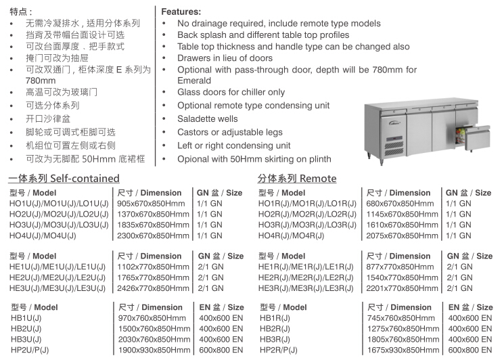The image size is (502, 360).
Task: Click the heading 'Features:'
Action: pyautogui.click(x=181, y=12)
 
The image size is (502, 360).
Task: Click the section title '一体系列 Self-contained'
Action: pyautogui.click(x=64, y=179)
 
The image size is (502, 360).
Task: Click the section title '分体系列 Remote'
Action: pyautogui.click(x=296, y=179)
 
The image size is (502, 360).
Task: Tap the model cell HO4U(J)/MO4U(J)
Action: pyautogui.click(x=43, y=235)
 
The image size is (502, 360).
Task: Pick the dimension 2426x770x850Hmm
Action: pyautogui.click(x=154, y=288)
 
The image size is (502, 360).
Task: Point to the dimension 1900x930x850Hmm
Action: pyautogui.click(x=154, y=350)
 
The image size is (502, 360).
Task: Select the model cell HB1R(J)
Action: pyautogui.click(x=275, y=318)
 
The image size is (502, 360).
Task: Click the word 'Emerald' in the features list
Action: pyautogui.click(x=196, y=81)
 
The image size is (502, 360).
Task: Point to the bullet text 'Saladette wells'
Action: pyautogui.click(x=208, y=118)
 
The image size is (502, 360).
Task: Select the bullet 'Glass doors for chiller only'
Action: pyautogui.click(x=231, y=92)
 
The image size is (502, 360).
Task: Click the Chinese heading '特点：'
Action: pyautogui.click(x=21, y=12)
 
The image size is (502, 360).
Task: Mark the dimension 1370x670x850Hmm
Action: pyautogui.click(x=154, y=215)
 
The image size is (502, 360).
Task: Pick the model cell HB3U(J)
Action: pyautogui.click(x=26, y=339)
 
